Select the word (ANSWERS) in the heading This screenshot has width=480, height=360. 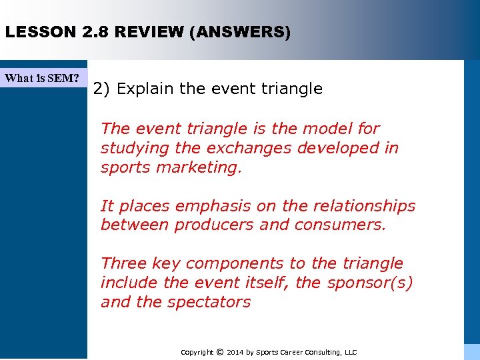(239, 32)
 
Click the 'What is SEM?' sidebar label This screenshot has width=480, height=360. (42, 78)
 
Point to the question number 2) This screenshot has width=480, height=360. (102, 89)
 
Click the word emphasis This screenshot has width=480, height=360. (193, 207)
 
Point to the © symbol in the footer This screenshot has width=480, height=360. (221, 352)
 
